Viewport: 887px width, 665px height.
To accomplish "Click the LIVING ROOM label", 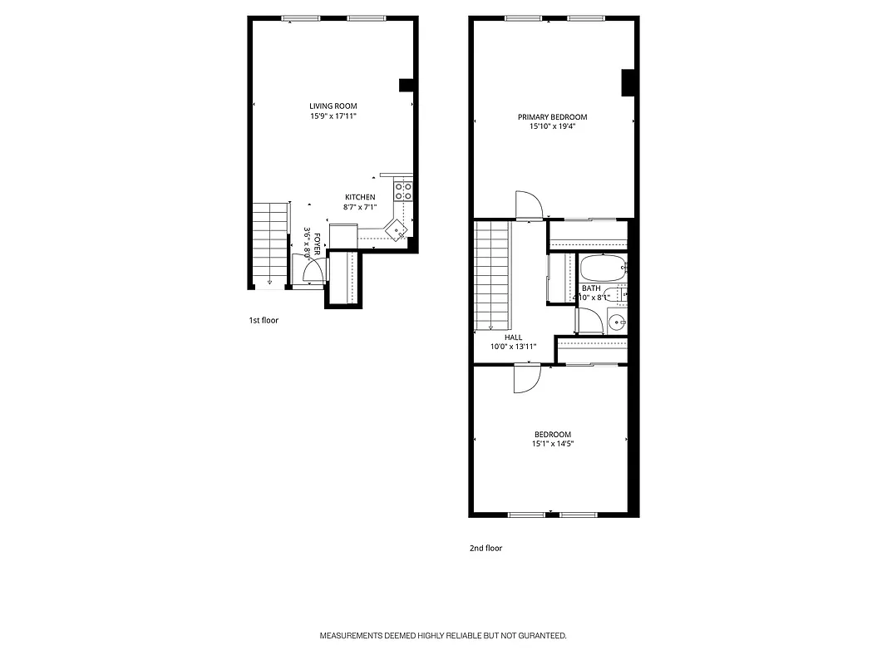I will pyautogui.click(x=333, y=106).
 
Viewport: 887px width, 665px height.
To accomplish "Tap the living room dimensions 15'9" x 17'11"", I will pyautogui.click(x=333, y=116).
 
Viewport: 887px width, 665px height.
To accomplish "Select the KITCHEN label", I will pyautogui.click(x=360, y=197).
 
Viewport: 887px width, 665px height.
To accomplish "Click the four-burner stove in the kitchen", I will pyautogui.click(x=403, y=191).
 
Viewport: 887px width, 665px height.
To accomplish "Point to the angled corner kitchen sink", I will pyautogui.click(x=398, y=228).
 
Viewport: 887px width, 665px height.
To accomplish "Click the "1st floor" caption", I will pyautogui.click(x=264, y=320).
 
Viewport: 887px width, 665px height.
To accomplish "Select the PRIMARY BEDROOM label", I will pyautogui.click(x=552, y=117).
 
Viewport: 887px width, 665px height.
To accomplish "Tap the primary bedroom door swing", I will pyautogui.click(x=528, y=204).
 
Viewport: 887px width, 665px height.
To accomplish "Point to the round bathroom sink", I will pyautogui.click(x=616, y=322).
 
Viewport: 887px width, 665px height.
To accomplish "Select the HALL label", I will pyautogui.click(x=513, y=337).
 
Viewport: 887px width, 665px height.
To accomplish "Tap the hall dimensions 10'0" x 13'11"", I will pyautogui.click(x=513, y=347).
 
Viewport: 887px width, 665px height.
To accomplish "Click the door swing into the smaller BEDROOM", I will pyautogui.click(x=527, y=379).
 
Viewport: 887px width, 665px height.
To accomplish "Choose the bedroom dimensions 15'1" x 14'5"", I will pyautogui.click(x=553, y=444).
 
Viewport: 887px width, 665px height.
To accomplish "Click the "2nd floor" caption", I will pyautogui.click(x=485, y=548).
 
